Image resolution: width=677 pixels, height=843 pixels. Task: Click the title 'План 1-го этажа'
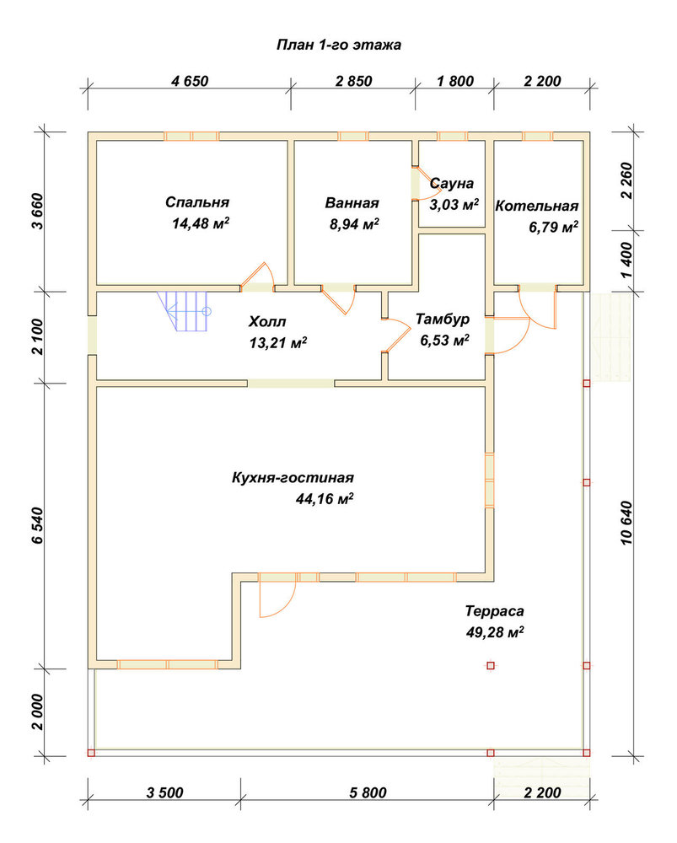point(339,45)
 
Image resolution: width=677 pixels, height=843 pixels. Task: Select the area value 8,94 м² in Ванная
point(354,223)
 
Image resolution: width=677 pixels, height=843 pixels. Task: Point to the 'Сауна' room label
point(452,183)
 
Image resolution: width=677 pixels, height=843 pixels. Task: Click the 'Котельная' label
point(537,206)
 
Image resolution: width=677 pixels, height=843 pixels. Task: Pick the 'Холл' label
point(267,322)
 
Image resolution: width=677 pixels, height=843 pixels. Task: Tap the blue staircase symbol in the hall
point(184,311)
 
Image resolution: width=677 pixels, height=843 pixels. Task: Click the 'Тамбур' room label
point(443,319)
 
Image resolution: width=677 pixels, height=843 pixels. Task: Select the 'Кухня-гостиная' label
point(293,478)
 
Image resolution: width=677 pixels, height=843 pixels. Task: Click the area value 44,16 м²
point(325,499)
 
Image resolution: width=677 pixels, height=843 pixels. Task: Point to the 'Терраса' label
point(495,611)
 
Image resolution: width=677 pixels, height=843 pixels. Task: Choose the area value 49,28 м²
point(495,632)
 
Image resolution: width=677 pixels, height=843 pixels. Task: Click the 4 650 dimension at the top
point(190,81)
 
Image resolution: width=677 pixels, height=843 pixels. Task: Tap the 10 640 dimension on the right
point(627,524)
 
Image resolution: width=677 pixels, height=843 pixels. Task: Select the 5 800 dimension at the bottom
point(368,792)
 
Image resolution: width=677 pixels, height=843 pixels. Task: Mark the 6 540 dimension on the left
point(38,525)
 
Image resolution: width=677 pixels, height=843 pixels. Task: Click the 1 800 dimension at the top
point(455,81)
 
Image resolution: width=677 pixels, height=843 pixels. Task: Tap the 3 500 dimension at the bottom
point(165,792)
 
